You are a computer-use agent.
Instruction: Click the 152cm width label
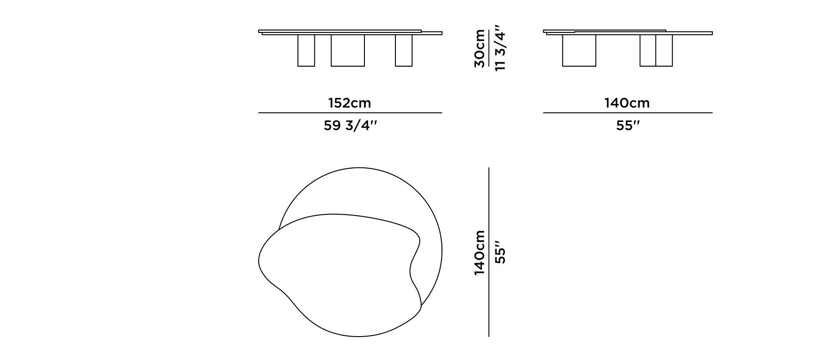350,103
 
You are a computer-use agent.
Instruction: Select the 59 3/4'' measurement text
350,126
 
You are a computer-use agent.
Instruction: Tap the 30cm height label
480,49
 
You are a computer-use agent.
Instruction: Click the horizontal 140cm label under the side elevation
627,103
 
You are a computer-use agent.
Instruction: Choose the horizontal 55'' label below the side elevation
628,126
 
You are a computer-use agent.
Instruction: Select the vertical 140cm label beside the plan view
480,252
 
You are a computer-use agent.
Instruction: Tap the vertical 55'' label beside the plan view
500,252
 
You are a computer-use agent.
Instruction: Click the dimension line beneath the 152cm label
350,112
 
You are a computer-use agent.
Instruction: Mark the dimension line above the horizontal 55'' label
628,112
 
